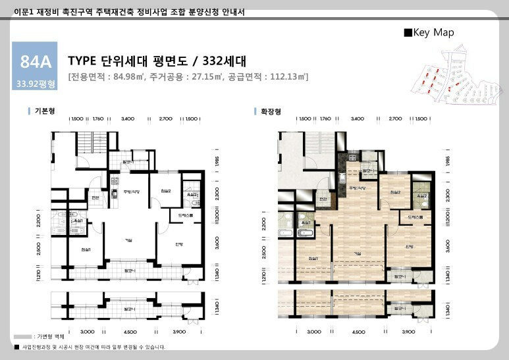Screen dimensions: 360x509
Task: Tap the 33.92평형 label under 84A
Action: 37,84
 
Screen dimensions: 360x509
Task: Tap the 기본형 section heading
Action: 45,112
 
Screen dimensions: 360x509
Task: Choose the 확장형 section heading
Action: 270,112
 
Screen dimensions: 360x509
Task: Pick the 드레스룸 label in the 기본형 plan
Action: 186,215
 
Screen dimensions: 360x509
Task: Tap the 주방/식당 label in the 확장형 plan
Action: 358,188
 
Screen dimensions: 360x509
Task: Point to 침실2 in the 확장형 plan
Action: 395,192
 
